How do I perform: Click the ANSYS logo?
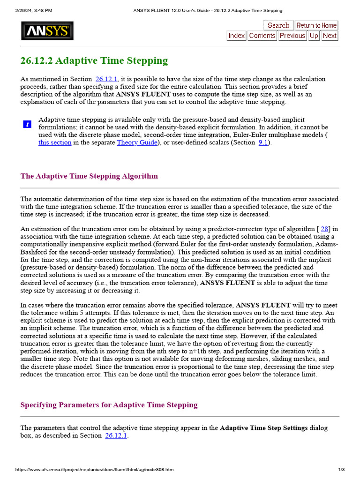(x=47, y=31)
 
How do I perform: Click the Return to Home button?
(x=316, y=25)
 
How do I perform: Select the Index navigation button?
(x=237, y=36)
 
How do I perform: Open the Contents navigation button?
(x=262, y=36)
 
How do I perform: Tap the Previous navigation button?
(x=292, y=36)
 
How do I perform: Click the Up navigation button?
(x=314, y=36)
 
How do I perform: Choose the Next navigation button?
(x=330, y=36)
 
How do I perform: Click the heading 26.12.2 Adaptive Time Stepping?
(x=94, y=60)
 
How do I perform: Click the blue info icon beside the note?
(x=27, y=124)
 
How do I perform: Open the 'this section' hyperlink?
(x=55, y=142)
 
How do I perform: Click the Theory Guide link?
(x=137, y=142)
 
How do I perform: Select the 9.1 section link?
(x=263, y=142)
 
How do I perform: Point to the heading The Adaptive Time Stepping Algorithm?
(x=89, y=176)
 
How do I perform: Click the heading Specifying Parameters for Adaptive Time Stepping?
(x=109, y=405)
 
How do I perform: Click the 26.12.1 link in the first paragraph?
(x=107, y=79)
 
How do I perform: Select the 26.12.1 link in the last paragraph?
(x=116, y=435)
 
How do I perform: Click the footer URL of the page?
(x=94, y=470)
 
